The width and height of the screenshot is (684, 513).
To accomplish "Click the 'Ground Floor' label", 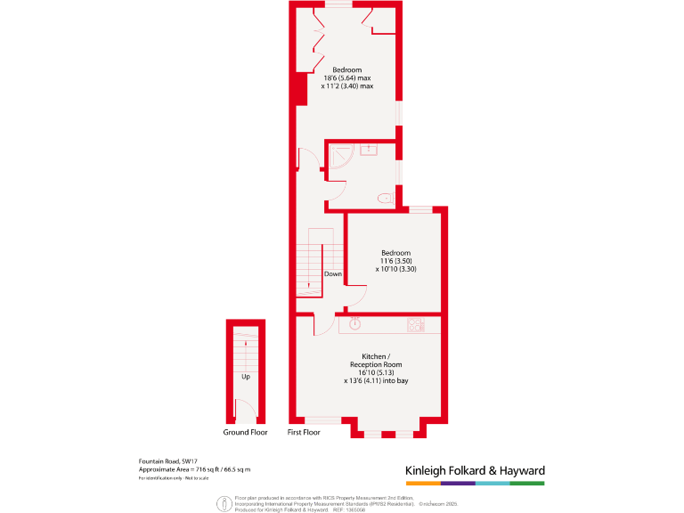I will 245,432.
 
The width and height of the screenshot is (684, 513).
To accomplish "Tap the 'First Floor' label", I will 304,432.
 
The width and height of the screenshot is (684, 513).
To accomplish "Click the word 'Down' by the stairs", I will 332,273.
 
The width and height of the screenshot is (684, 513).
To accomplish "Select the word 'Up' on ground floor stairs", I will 245,376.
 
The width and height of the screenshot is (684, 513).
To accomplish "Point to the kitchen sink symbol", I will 354,323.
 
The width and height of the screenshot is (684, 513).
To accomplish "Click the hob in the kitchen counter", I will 414,325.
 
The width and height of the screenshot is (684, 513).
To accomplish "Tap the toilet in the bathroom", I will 384,198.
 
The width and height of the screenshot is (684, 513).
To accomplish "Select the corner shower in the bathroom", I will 338,158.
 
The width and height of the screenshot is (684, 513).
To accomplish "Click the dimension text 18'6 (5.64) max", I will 347,78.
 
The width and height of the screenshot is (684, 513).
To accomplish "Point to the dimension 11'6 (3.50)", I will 395,261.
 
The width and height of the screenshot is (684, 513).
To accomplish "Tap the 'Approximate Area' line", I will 194,469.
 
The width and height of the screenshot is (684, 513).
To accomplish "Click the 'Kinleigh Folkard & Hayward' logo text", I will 475,470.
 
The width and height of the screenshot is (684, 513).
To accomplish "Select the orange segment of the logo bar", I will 423,484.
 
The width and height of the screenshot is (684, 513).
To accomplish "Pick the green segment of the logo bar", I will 527,484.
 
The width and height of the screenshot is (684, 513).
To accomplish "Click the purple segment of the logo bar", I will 458,484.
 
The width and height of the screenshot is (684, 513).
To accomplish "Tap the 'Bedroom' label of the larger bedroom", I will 347,69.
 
